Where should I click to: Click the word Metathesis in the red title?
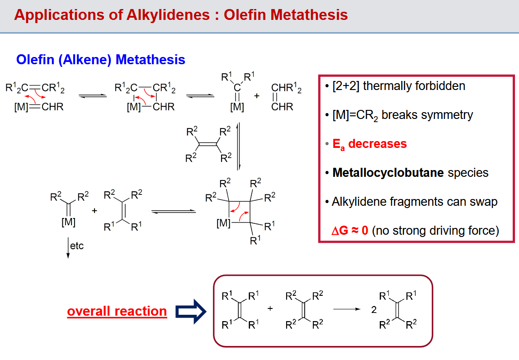pos(308,14)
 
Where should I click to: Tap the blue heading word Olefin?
pos(35,60)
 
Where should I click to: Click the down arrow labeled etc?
pos(68,248)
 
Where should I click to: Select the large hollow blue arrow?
pos(191,311)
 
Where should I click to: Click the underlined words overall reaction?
pos(117,311)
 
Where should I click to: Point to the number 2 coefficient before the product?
pos(374,310)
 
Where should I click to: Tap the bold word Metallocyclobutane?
pos(388,173)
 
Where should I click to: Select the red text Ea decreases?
pos(369,144)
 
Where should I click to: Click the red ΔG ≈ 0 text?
pos(350,231)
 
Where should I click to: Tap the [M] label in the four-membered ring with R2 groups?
pos(223,223)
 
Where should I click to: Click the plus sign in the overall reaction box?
pos(270,308)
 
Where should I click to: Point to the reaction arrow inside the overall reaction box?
pos(347,309)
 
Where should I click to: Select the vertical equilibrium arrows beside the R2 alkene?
pos(238,147)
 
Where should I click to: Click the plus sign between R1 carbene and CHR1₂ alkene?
pos(257,96)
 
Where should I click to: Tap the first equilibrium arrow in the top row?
pos(93,96)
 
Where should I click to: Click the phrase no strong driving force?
pos(436,231)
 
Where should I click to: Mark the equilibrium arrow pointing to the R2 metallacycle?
pos(174,211)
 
